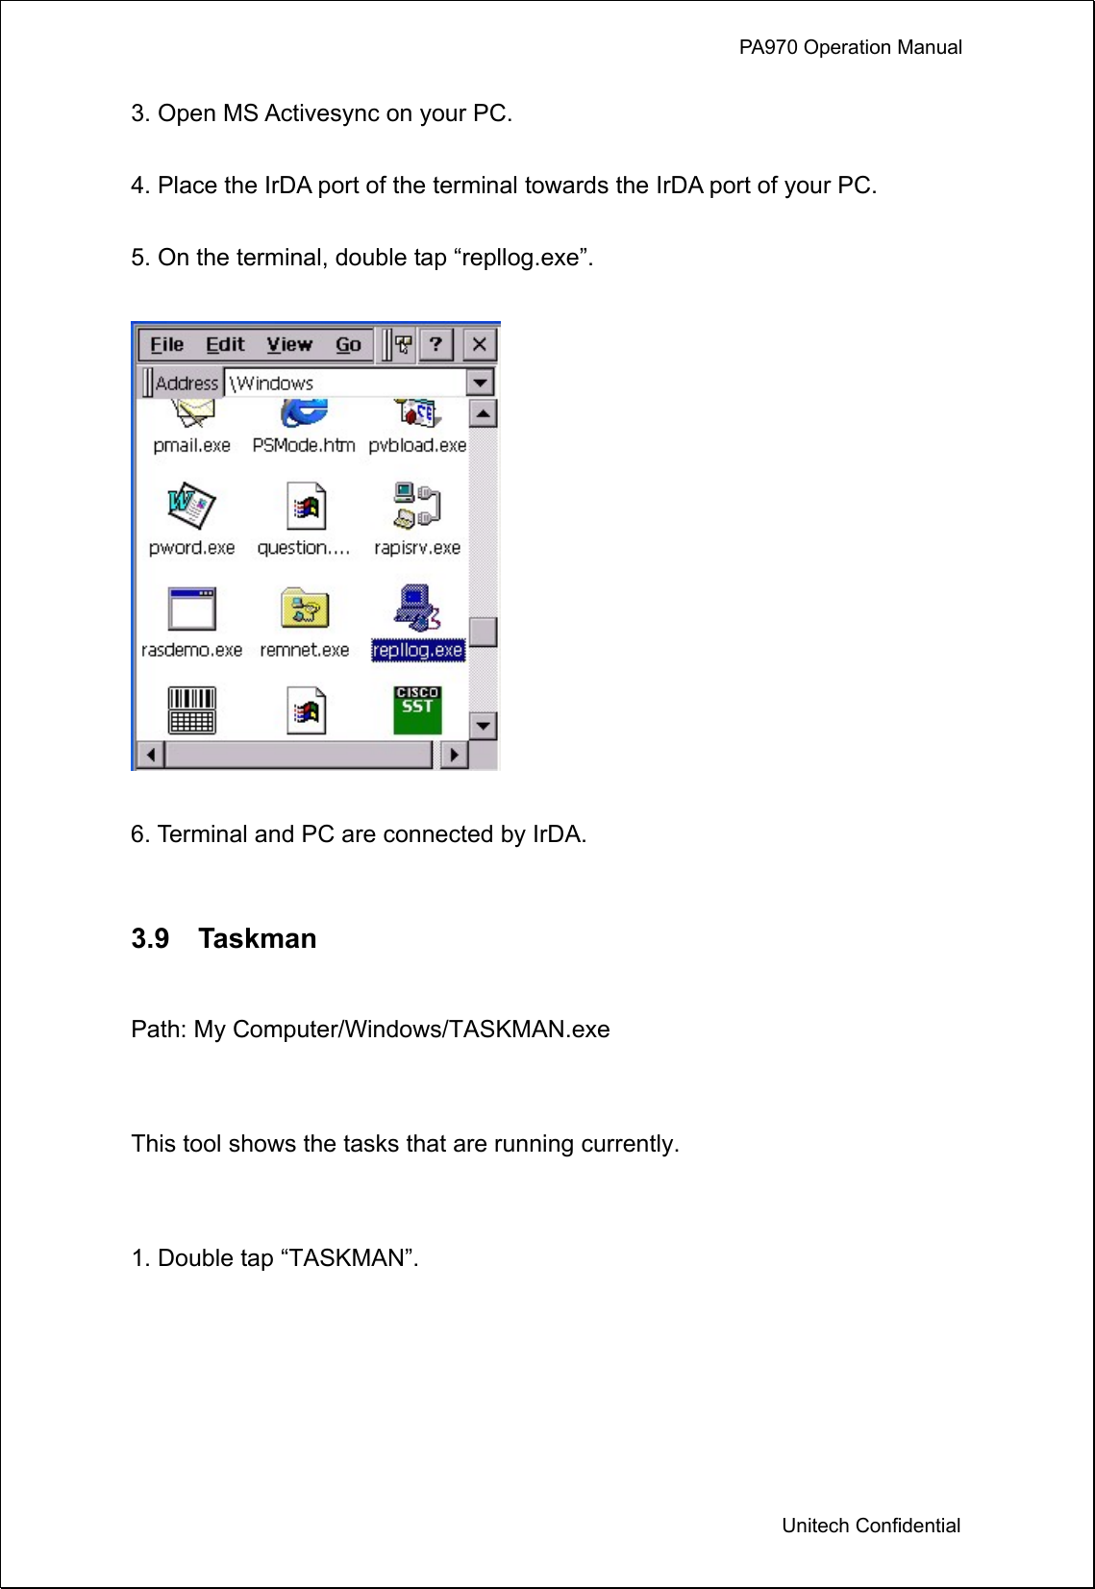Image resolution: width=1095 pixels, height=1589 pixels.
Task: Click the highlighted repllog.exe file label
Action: pyautogui.click(x=418, y=651)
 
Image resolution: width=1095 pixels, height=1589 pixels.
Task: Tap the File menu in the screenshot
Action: pyautogui.click(x=166, y=344)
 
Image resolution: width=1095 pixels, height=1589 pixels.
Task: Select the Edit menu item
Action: pyautogui.click(x=225, y=344)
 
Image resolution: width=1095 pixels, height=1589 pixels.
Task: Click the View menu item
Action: pyautogui.click(x=288, y=344)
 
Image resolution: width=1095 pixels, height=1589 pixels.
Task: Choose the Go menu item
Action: pyautogui.click(x=348, y=344)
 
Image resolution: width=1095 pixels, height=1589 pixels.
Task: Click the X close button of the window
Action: pyautogui.click(x=479, y=344)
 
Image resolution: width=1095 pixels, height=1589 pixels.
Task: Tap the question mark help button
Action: pyautogui.click(x=436, y=344)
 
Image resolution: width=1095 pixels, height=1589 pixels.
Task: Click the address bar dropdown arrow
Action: pyautogui.click(x=480, y=383)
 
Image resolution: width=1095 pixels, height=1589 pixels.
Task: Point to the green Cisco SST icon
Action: pyautogui.click(x=417, y=709)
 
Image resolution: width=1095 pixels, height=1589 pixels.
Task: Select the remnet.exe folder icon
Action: pyautogui.click(x=305, y=608)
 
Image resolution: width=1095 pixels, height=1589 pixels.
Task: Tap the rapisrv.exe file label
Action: pyautogui.click(x=417, y=548)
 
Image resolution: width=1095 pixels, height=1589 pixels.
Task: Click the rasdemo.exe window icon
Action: pyautogui.click(x=191, y=608)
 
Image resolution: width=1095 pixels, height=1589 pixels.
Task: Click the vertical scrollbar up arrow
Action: pyautogui.click(x=483, y=414)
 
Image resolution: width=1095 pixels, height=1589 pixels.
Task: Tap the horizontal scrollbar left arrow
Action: pyautogui.click(x=150, y=755)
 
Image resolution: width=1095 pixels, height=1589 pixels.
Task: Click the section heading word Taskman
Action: pyautogui.click(x=257, y=938)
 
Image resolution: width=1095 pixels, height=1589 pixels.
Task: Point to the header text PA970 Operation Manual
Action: pyautogui.click(x=850, y=47)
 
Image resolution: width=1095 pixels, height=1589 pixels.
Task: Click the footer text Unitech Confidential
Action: pyautogui.click(x=870, y=1526)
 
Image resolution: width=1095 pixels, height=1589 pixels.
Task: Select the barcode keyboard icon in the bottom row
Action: pyautogui.click(x=191, y=710)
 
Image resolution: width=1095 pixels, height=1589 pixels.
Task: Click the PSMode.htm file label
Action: pyautogui.click(x=303, y=446)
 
